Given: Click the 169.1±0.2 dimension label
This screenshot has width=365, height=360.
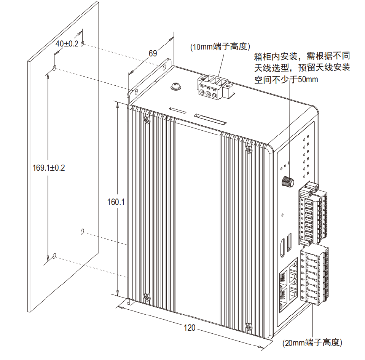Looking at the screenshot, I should [x=49, y=168].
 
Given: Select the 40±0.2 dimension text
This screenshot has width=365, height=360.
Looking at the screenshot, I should [x=67, y=44].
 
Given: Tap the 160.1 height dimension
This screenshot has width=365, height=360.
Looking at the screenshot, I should [x=116, y=202].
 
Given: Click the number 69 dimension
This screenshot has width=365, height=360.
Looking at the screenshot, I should [x=153, y=53].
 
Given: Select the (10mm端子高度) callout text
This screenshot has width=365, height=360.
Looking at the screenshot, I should [x=220, y=47].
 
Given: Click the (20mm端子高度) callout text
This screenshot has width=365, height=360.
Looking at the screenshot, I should [x=312, y=342].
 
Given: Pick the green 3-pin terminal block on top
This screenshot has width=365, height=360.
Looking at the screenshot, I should [x=213, y=88].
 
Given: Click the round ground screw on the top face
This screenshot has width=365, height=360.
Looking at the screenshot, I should [x=175, y=87].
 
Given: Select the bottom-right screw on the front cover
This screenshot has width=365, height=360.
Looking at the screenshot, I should [x=249, y=326].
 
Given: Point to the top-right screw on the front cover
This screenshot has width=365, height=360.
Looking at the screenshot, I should [x=249, y=149].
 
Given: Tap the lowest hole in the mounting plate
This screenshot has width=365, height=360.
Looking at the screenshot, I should [x=54, y=256].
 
